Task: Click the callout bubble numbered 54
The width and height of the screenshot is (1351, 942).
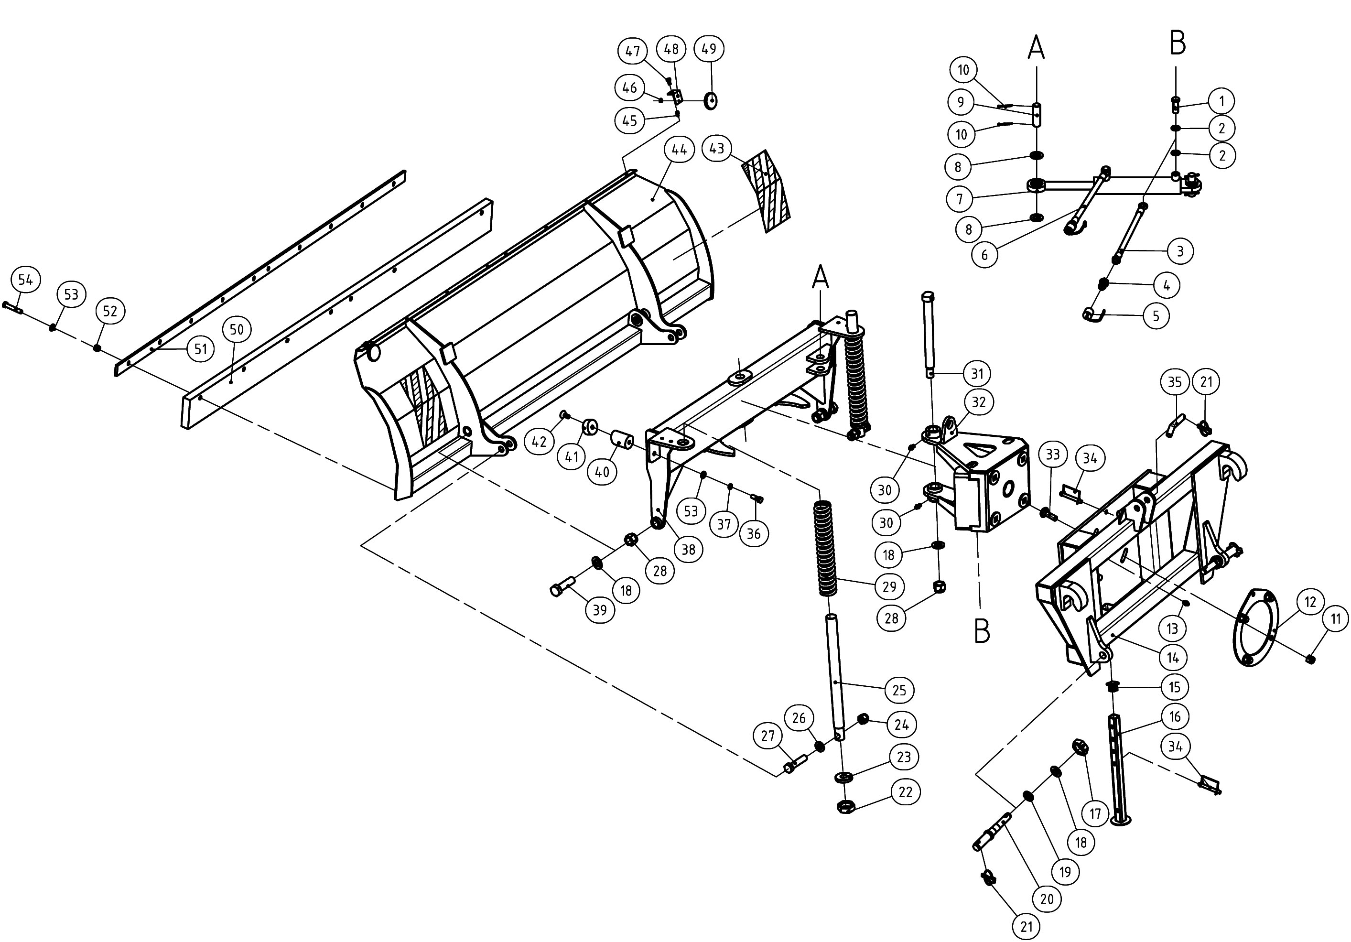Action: coord(25,280)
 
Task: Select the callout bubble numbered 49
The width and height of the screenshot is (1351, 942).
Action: coord(709,49)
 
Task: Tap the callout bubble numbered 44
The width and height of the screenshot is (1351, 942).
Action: coord(679,150)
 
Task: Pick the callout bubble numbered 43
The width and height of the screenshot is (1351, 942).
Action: coord(717,148)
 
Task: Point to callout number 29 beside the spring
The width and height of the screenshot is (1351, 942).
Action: coord(889,586)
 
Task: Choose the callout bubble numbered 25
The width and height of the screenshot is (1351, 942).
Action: coord(899,690)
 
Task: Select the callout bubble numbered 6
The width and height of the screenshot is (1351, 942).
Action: coord(984,255)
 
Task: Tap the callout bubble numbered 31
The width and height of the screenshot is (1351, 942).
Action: coord(977,374)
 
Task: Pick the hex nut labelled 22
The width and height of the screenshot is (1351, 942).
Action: coord(845,806)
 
